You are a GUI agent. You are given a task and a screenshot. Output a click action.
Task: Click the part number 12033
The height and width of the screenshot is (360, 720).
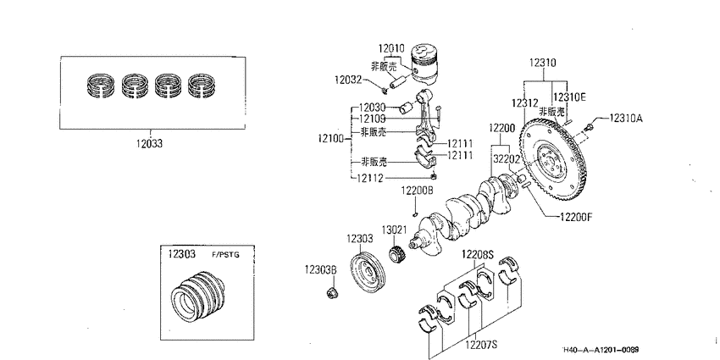(x=149, y=143)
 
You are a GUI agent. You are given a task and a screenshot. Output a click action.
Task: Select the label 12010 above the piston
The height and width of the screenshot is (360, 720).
(x=391, y=48)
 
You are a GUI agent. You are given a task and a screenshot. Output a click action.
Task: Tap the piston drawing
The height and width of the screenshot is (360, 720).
(x=424, y=64)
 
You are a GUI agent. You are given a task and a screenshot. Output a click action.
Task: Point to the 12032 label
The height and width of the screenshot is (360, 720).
(x=348, y=80)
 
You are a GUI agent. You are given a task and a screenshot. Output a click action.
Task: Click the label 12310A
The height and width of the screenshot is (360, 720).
(x=626, y=118)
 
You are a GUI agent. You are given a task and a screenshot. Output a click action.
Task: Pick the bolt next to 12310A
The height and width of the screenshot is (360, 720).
(x=590, y=125)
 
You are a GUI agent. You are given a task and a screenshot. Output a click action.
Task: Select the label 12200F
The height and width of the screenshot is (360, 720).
(x=576, y=216)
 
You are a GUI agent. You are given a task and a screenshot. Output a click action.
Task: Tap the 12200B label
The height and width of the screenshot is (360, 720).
(x=417, y=190)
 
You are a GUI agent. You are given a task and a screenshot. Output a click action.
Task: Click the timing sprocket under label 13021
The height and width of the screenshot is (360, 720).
(x=396, y=254)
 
